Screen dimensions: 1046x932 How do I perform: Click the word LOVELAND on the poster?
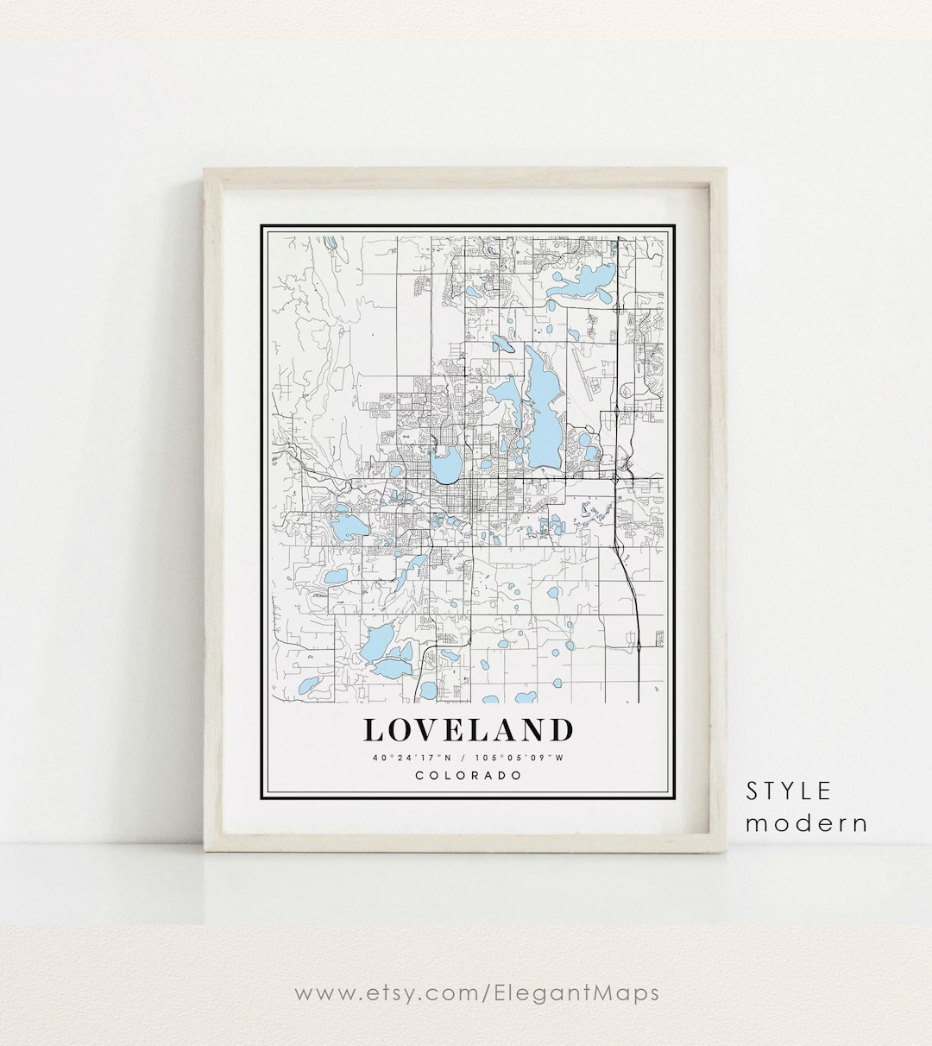468,730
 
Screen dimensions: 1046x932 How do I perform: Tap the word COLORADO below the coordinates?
469,775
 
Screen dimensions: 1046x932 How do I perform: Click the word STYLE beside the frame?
789,791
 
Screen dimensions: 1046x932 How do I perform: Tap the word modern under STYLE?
807,823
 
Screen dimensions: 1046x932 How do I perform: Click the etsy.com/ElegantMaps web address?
476,992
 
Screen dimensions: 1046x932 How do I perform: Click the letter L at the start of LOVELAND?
373,730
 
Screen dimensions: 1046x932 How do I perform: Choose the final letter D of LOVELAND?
561,730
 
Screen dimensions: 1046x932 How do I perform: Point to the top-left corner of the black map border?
262,226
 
